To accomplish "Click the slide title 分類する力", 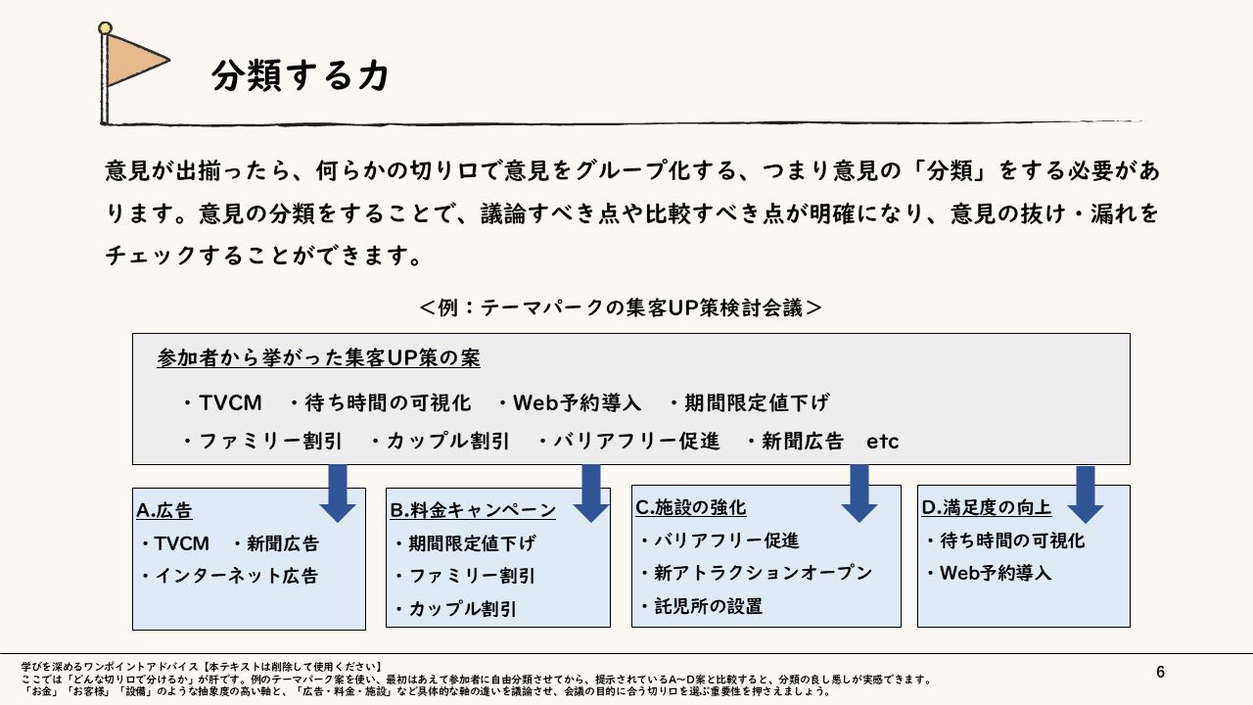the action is coord(300,76).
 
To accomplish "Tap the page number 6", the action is coord(1161,672).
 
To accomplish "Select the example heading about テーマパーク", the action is coord(621,307).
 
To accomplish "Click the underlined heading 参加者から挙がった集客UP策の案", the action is coord(318,358).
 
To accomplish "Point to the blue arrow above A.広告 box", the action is coord(338,493).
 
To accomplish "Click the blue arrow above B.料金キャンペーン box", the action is coord(591,493).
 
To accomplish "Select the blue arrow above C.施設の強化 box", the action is coord(859,493).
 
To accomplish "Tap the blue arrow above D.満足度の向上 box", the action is coord(1085,493).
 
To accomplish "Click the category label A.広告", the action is coord(164,511).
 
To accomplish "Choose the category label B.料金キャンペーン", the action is coord(473,510).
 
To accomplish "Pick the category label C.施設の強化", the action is coord(691,507).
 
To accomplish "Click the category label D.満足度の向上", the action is coord(987,507).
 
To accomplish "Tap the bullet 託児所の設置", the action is coord(707,606).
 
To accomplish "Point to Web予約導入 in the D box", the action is coord(995,573).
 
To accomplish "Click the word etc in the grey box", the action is coord(882,442).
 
